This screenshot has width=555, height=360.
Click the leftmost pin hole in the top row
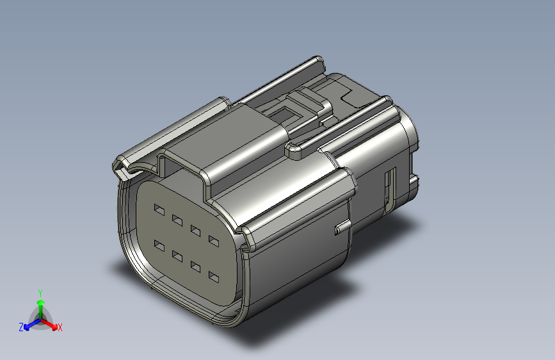pyautogui.click(x=159, y=209)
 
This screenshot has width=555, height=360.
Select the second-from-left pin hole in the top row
pyautogui.click(x=177, y=220)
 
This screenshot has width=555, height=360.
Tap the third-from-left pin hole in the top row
pyautogui.click(x=195, y=231)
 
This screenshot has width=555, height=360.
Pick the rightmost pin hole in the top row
pyautogui.click(x=214, y=241)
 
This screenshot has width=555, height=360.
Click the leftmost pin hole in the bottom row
pyautogui.click(x=159, y=245)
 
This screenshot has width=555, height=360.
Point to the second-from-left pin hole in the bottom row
pyautogui.click(x=177, y=256)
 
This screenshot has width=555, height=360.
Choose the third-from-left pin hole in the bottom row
pyautogui.click(x=195, y=266)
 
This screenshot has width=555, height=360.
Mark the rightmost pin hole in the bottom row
pyautogui.click(x=214, y=277)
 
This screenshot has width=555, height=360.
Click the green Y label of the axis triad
pyautogui.click(x=40, y=293)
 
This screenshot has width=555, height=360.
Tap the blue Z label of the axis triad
pyautogui.click(x=21, y=327)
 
